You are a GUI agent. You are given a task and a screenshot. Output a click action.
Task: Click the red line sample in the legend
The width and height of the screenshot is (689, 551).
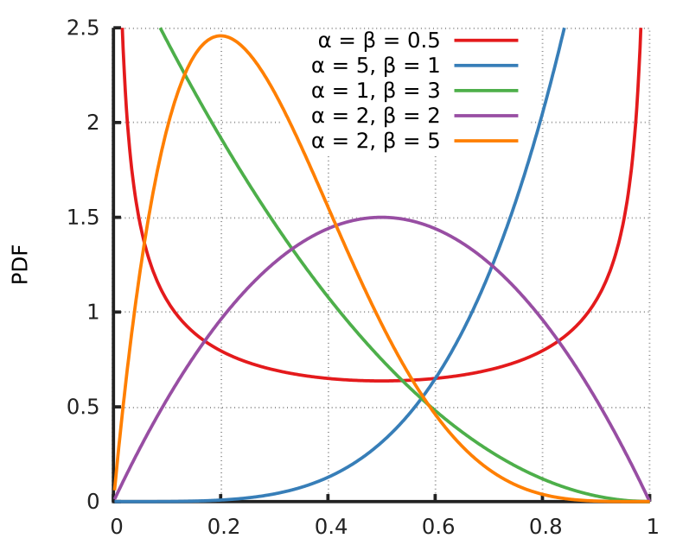[486, 40]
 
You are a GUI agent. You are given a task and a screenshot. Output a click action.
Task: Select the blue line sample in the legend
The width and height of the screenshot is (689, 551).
[486, 65]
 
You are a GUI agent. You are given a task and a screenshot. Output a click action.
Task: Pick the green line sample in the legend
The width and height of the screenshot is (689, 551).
[486, 90]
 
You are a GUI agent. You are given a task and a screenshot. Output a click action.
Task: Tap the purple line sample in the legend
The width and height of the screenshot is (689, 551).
[486, 115]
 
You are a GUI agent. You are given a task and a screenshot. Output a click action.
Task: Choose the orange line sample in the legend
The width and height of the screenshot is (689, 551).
[486, 140]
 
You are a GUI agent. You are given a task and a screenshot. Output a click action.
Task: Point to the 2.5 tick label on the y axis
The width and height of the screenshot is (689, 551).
[82, 28]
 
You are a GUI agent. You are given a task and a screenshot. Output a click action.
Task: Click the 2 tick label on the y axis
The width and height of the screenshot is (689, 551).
[93, 123]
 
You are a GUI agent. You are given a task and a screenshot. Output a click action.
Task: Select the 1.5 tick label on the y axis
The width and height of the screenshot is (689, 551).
[82, 218]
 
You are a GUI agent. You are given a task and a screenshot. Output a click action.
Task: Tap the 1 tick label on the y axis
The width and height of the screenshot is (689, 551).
[93, 312]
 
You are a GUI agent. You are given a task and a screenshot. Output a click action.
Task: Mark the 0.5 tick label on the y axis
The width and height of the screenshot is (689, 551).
[82, 407]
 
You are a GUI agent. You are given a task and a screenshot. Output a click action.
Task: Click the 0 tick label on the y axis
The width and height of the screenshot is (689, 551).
[93, 502]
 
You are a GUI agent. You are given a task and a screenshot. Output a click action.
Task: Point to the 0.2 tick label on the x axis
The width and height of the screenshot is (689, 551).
[221, 527]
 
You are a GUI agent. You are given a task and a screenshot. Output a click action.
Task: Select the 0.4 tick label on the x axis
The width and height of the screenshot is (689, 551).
[329, 527]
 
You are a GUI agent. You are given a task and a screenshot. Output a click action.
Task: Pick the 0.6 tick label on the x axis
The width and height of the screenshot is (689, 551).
[435, 527]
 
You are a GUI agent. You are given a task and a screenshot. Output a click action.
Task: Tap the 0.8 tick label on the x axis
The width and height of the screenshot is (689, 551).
[542, 527]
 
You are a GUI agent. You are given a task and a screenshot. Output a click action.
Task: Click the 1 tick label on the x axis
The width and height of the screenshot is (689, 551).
[652, 527]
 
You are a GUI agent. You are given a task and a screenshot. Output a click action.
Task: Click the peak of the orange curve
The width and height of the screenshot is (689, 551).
[221, 35]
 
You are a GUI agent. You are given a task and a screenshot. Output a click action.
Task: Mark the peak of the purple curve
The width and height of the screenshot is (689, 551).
[381, 217]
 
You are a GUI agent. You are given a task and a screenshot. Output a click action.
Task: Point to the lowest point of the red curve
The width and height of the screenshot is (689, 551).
[381, 381]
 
